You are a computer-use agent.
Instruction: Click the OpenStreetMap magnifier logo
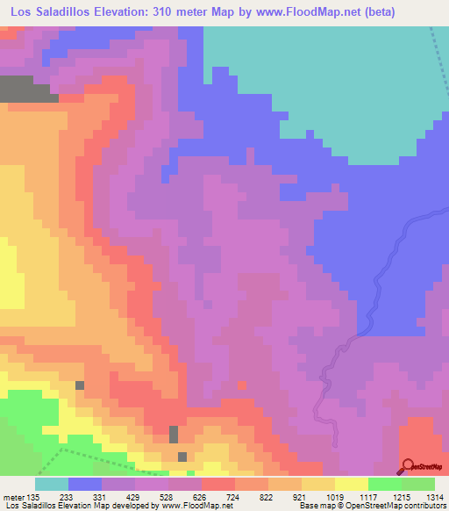point(409,465)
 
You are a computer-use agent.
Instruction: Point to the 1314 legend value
point(435,496)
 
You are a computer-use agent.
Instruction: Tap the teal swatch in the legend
point(52,484)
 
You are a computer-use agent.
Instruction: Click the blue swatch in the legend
point(85,484)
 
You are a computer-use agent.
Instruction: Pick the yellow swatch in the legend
point(352,484)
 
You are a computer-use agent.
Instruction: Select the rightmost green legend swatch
point(418,484)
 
